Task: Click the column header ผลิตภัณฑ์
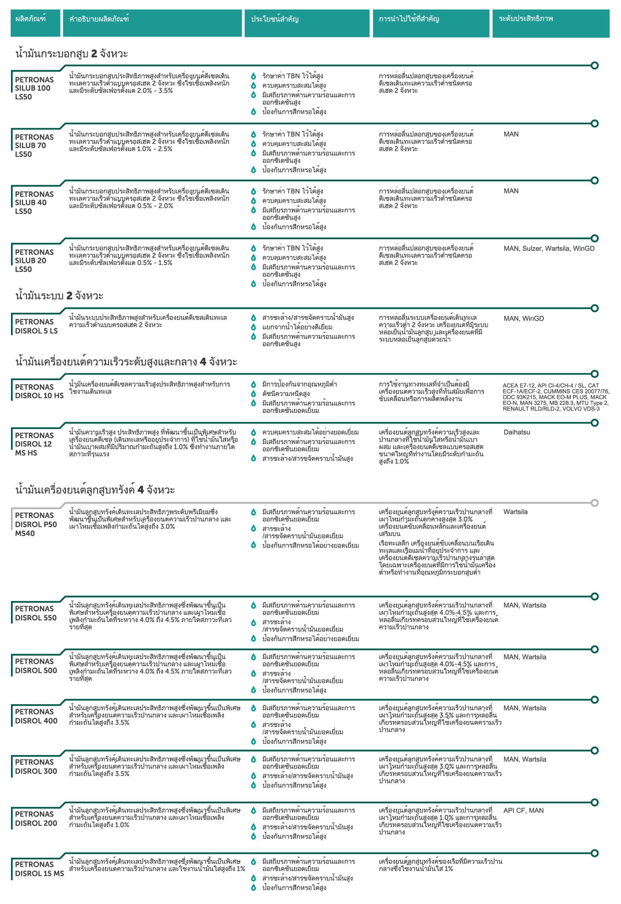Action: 30,19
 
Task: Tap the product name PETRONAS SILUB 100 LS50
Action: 34,88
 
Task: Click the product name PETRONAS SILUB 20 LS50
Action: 34,261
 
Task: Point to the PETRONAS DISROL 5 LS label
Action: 36,326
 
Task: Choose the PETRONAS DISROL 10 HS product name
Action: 39,391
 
